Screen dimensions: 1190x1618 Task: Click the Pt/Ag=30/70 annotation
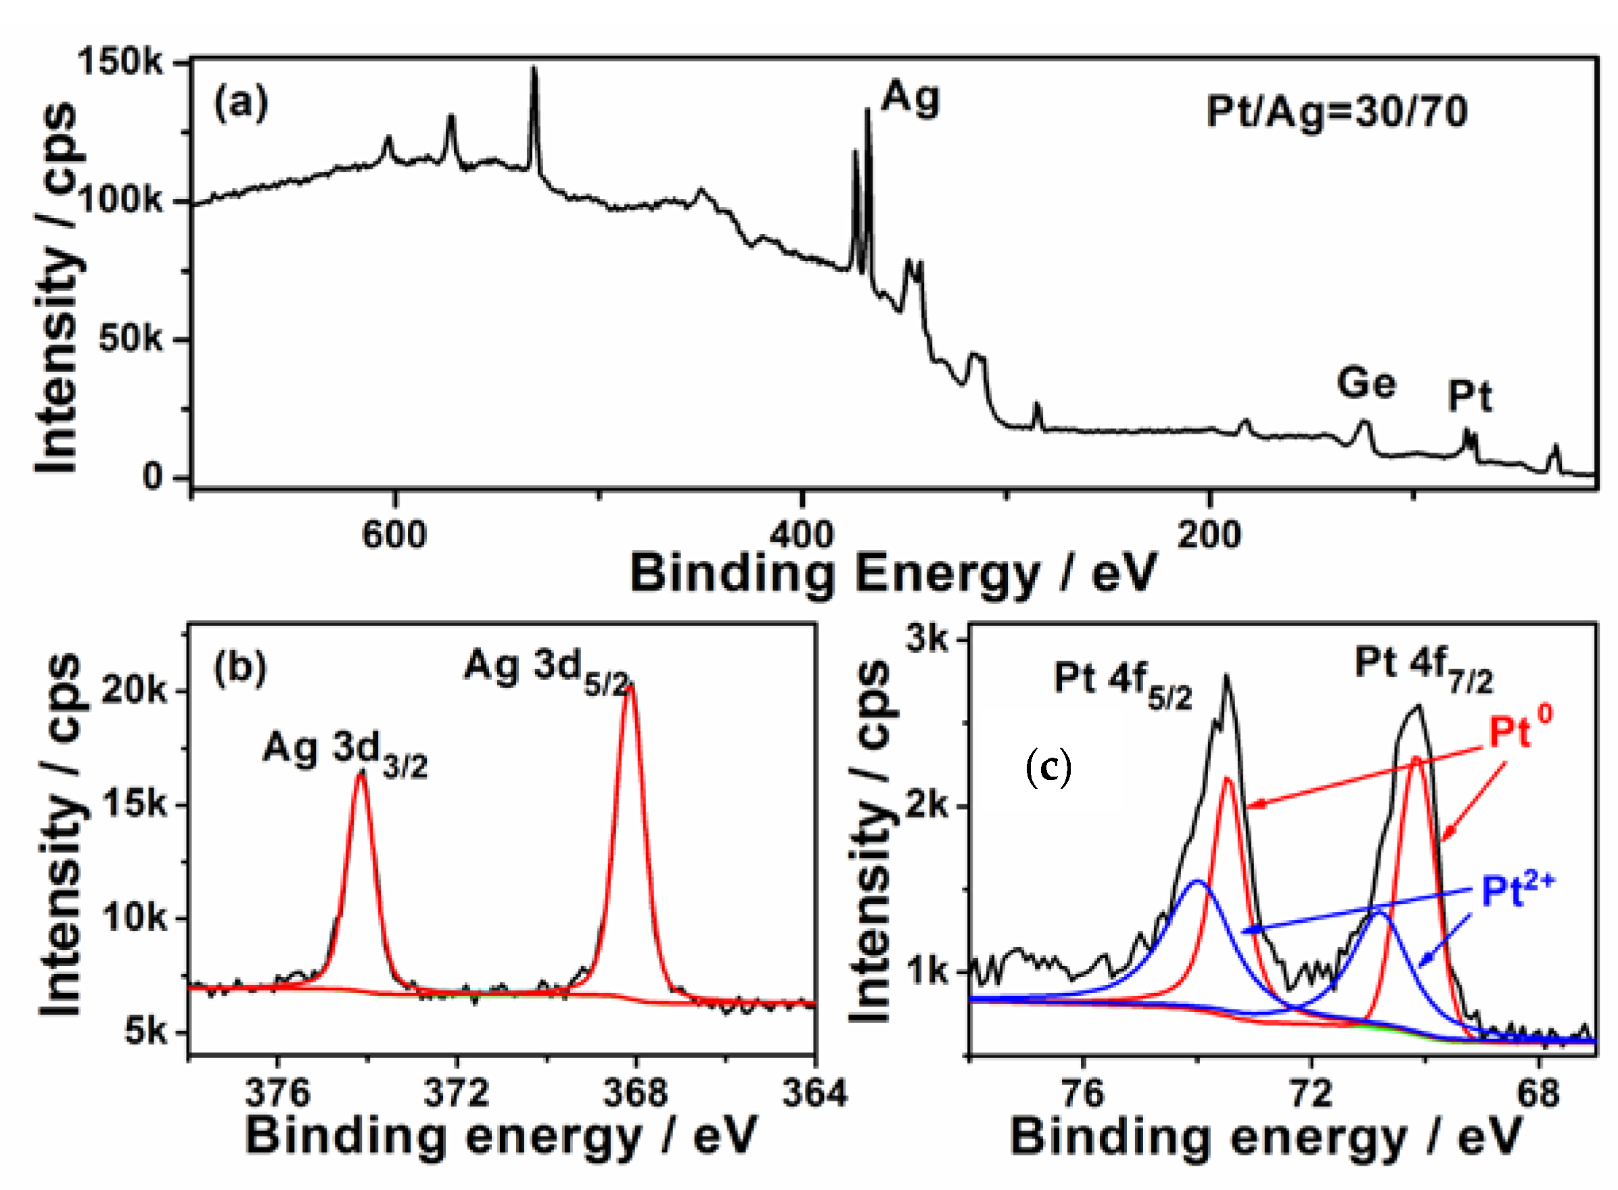(1337, 112)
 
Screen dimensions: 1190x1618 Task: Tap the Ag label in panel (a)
(910, 97)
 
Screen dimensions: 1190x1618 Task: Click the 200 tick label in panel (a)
(1209, 535)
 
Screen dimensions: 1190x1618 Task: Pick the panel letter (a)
(241, 103)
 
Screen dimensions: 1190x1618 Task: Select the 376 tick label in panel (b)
(277, 1093)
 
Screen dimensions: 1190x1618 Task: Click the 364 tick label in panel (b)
(815, 1093)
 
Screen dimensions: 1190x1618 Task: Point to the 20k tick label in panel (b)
(134, 691)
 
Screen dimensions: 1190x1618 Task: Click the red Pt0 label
(1519, 731)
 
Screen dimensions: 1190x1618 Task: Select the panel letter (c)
(1048, 768)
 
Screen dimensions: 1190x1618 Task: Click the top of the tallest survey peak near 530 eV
(534, 69)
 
